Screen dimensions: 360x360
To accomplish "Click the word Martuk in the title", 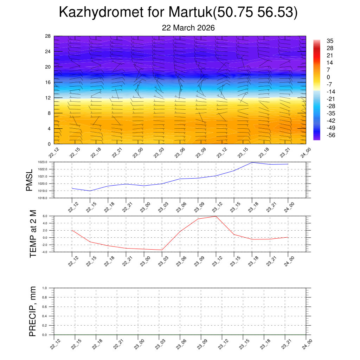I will pos(191,12).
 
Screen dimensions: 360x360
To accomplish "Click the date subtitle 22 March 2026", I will pos(188,28).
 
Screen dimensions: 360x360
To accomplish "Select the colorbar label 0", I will pos(328,77).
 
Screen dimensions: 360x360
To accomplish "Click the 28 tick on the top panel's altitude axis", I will pos(48,36).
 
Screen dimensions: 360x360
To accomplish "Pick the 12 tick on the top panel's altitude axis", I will pos(48,98).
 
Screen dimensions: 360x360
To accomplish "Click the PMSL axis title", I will pos(29,180).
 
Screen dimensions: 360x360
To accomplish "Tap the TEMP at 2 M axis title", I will pos(33,234).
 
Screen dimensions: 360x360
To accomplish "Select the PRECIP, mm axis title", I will pos(33,311).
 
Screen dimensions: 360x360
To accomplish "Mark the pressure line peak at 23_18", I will pos(252,162).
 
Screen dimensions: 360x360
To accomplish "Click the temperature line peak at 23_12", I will pos(216,216).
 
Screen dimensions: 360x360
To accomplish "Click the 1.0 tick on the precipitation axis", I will pos(49,288).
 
